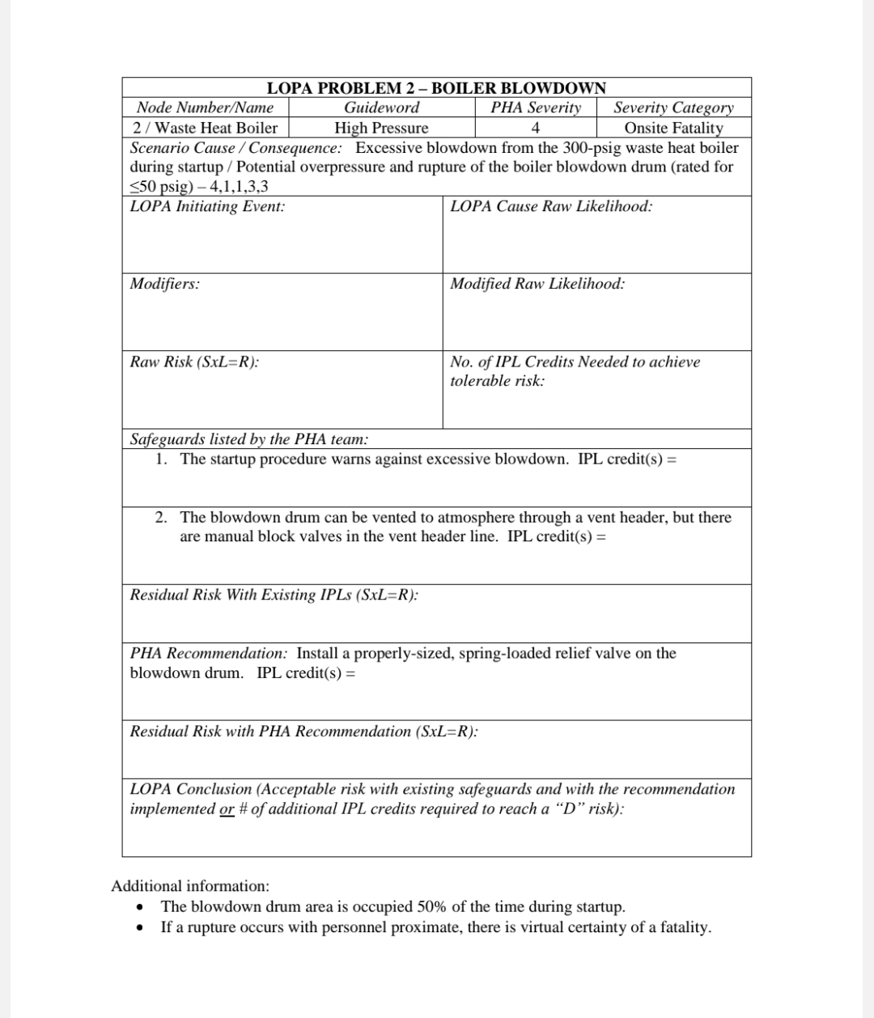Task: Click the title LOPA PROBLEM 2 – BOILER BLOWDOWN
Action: point(436,87)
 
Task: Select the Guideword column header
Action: point(381,108)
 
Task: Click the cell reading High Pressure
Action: point(381,128)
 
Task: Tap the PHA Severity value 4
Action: point(535,128)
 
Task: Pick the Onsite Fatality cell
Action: point(673,128)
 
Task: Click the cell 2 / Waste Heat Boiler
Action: point(205,128)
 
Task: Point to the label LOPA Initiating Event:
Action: point(207,206)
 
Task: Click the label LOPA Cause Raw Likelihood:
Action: point(551,206)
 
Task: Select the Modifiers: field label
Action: point(165,284)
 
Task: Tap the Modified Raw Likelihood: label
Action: point(537,284)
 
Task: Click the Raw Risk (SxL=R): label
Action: point(194,362)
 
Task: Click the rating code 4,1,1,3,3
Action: point(239,187)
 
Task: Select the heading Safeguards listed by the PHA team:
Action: point(249,439)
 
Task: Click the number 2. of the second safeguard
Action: point(162,517)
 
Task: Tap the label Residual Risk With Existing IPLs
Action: point(274,595)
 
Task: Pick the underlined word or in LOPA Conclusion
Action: point(227,809)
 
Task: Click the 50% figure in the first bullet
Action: point(432,907)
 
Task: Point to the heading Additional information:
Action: point(190,886)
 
